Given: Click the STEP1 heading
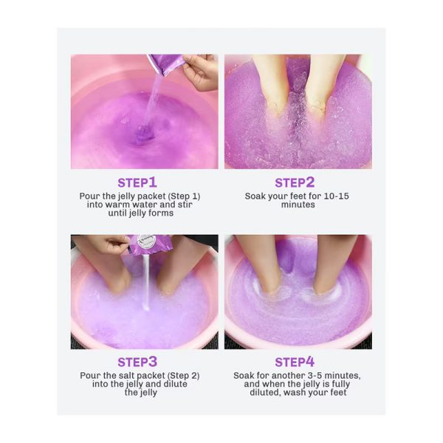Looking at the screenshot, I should click(x=137, y=182).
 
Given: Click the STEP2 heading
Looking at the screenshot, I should click(x=295, y=182).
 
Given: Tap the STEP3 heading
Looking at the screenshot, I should click(x=137, y=362).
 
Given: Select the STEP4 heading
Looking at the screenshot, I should click(x=295, y=362).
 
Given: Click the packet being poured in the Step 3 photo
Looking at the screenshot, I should click(x=151, y=244).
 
